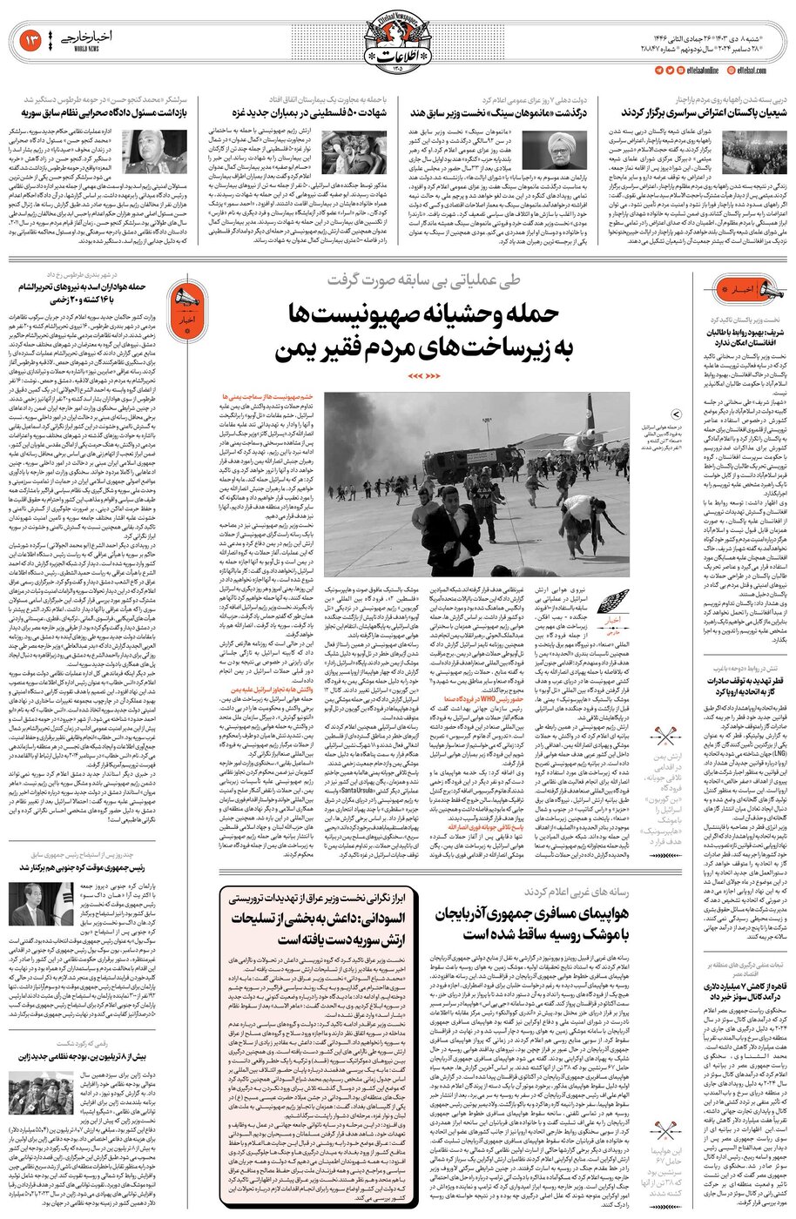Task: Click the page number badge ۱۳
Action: point(27,40)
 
